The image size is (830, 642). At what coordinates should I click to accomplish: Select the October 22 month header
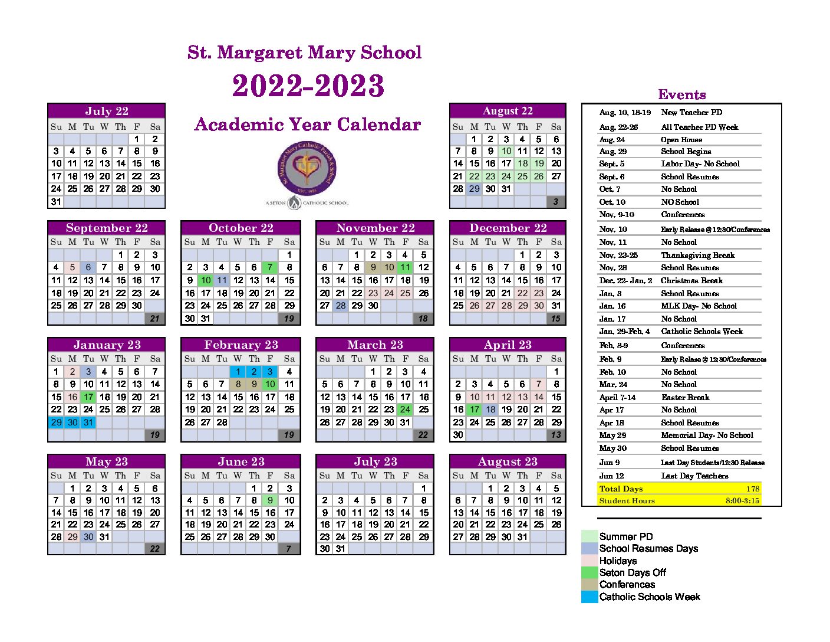241,228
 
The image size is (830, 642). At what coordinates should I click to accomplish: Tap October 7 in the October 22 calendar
270,267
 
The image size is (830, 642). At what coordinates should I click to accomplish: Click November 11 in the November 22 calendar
405,267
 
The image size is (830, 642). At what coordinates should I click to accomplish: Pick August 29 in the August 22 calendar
474,189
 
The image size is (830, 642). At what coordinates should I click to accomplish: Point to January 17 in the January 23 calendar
88,397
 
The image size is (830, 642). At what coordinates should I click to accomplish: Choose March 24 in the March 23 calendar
405,410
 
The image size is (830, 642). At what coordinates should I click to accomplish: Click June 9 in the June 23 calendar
270,500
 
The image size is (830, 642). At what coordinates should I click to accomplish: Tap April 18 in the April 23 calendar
490,410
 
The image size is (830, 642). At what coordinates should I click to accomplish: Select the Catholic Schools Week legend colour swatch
589,597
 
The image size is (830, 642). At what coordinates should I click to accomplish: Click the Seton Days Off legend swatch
589,572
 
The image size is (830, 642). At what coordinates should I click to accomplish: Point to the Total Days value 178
752,489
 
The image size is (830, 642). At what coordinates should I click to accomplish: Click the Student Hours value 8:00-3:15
742,501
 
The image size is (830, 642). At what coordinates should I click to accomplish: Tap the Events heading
681,94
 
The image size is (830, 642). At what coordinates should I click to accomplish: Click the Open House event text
681,140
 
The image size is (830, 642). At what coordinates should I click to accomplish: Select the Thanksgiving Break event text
697,255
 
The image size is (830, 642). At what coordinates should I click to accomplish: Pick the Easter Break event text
685,397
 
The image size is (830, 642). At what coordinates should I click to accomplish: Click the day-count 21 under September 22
154,319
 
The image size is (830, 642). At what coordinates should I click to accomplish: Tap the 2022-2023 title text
308,86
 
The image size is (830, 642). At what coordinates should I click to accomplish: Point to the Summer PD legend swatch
589,536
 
